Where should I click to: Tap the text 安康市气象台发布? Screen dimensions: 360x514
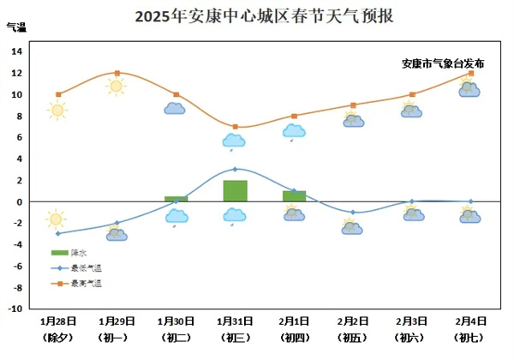[x=443, y=63]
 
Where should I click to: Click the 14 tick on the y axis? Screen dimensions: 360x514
[x=17, y=51]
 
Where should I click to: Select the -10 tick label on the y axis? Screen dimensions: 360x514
[x=15, y=309]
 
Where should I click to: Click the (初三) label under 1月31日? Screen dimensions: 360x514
[x=235, y=337]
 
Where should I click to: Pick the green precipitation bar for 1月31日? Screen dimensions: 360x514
[x=235, y=190]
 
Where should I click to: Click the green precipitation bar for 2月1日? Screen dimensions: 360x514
[x=294, y=196]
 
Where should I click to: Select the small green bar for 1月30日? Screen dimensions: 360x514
[x=176, y=199]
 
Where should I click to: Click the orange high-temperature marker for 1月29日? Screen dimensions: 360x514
[x=117, y=73]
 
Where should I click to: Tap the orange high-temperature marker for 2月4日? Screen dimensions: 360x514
[x=471, y=73]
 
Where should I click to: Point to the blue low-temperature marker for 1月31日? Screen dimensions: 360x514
[x=235, y=169]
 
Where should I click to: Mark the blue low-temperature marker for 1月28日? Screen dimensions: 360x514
[x=58, y=233]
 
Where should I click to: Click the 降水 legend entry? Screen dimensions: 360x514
[x=69, y=252]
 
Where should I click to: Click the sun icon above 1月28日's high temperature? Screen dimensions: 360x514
[x=57, y=110]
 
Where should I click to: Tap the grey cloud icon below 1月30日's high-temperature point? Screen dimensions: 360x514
[x=176, y=109]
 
